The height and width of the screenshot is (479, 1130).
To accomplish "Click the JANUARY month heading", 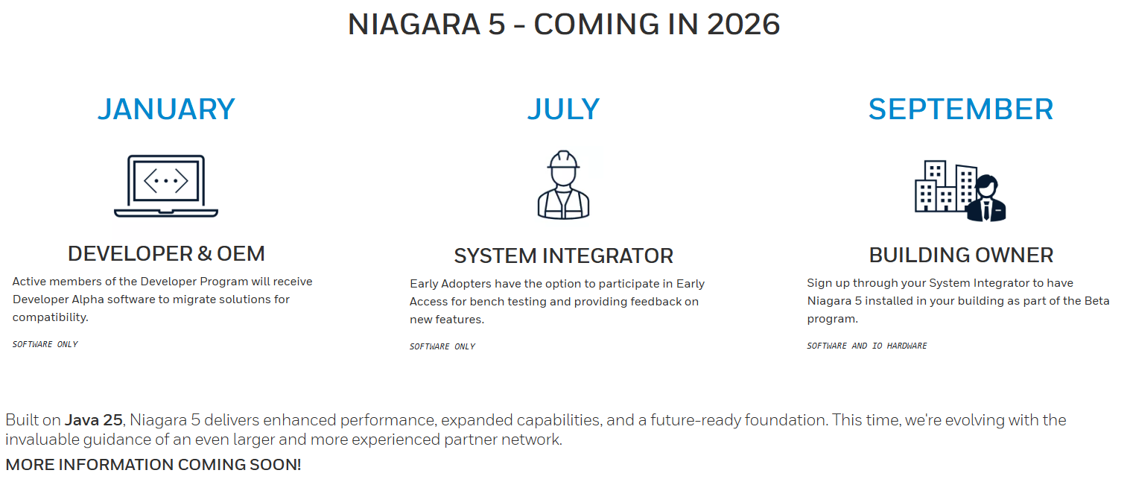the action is (166, 109).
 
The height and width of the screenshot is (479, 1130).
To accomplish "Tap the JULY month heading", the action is (563, 109).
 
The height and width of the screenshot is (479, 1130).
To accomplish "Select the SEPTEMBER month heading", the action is (960, 109).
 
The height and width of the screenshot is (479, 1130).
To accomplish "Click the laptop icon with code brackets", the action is (166, 185).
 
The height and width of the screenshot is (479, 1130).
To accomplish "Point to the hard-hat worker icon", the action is (563, 185).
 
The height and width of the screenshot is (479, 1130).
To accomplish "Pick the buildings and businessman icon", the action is (960, 191).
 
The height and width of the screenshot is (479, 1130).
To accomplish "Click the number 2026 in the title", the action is (743, 25).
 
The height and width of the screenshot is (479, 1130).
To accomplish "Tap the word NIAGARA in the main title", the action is (413, 25).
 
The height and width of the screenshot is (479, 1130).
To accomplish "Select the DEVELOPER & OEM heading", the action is (166, 254).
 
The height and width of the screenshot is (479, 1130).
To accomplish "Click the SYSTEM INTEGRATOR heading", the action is (563, 256).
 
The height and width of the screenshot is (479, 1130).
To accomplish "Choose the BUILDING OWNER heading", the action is (961, 255).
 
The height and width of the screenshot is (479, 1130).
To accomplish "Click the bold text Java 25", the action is (94, 420).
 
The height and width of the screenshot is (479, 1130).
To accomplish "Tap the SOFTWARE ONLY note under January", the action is (45, 344).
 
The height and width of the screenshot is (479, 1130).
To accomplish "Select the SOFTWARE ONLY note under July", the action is (442, 346).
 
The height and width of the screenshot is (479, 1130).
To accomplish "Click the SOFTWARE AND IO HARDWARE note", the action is (866, 346).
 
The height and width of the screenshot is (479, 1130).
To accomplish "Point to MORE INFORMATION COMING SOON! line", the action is (153, 464).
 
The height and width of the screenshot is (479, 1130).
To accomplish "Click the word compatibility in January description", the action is (51, 317).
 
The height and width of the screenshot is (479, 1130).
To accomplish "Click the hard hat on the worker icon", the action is (563, 159).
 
